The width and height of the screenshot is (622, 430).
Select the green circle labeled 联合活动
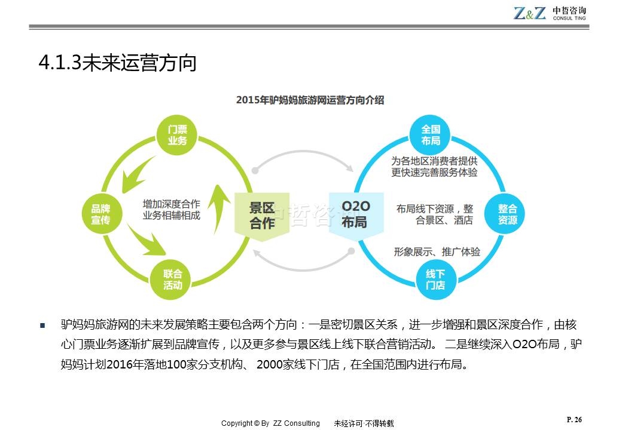173,279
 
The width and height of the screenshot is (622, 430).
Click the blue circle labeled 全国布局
431,135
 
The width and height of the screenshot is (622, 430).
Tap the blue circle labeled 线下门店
435,279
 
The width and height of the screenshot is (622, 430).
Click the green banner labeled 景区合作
262,215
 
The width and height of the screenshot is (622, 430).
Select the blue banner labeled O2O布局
355,215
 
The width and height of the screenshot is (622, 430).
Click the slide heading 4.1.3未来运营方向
117,63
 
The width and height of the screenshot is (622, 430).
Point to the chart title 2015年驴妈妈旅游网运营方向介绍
310,100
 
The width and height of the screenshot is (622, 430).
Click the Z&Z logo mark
529,13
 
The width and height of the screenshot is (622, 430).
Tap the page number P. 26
574,420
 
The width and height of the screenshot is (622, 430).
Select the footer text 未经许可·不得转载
364,423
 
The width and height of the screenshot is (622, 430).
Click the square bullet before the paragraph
42,326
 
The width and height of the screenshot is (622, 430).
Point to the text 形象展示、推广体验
437,251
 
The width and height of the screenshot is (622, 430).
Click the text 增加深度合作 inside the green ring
171,204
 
